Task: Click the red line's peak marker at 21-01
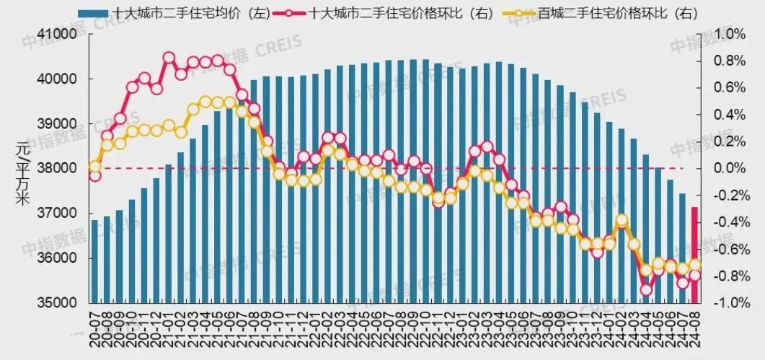[169, 58]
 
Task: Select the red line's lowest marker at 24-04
[646, 289]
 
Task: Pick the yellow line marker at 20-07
[94, 167]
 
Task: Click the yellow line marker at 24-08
[695, 265]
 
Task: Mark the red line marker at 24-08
[695, 276]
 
